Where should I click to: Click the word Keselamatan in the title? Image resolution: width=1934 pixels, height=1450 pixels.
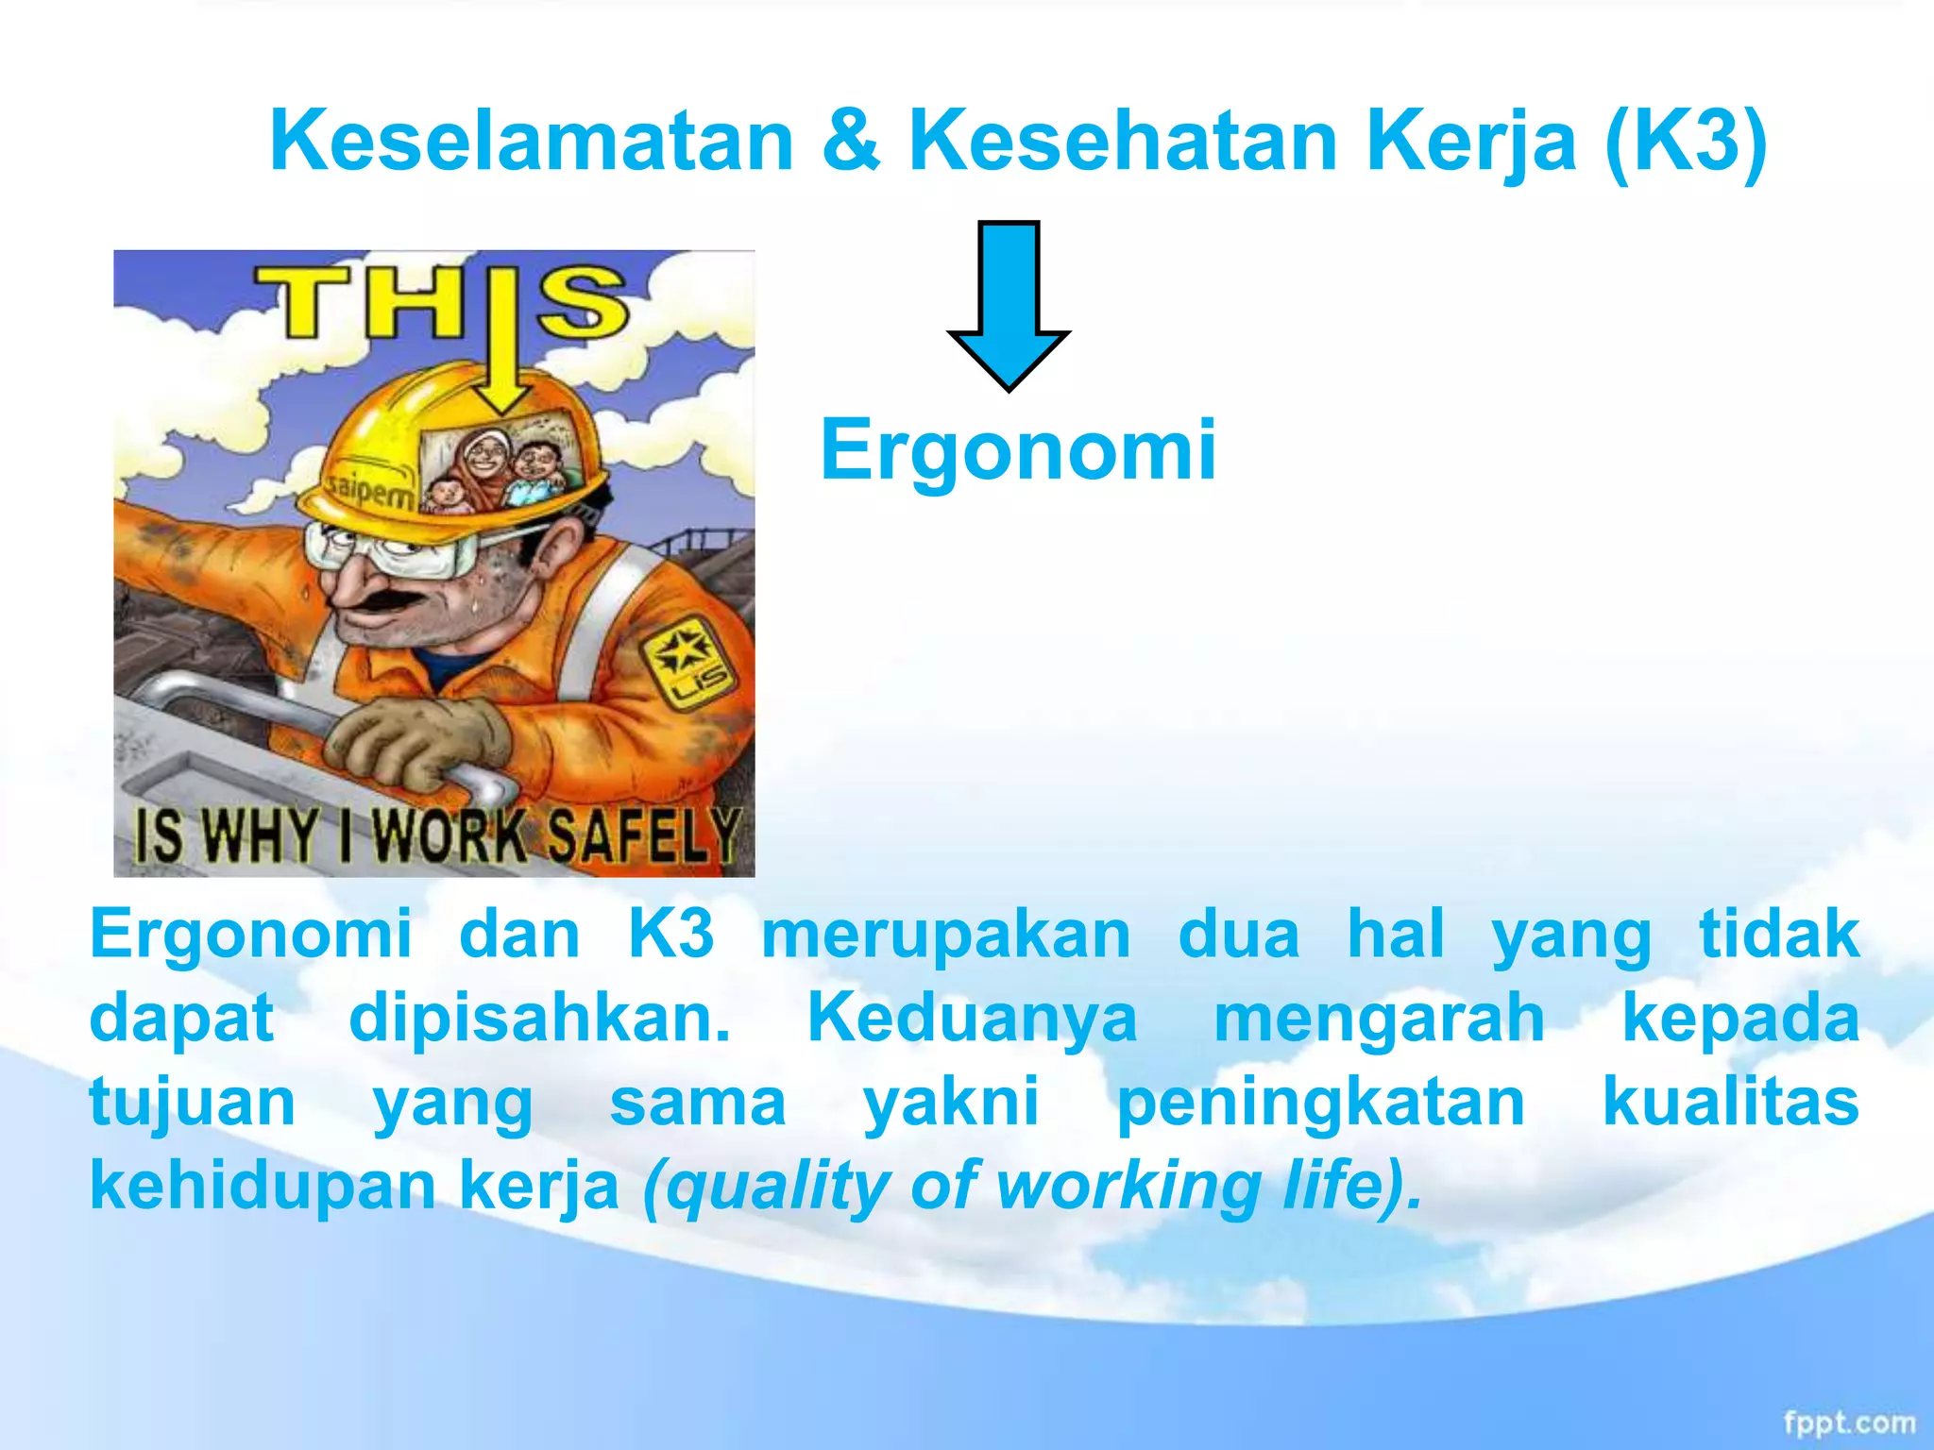pyautogui.click(x=531, y=142)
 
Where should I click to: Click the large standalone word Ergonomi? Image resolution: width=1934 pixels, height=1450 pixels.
pyautogui.click(x=1018, y=450)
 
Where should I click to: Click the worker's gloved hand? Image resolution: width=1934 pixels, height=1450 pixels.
pyautogui.click(x=416, y=741)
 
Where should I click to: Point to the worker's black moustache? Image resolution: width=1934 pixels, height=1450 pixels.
pyautogui.click(x=382, y=603)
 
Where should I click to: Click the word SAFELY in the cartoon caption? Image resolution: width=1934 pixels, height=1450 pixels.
pyautogui.click(x=645, y=835)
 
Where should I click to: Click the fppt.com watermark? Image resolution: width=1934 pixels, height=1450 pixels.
pyautogui.click(x=1849, y=1423)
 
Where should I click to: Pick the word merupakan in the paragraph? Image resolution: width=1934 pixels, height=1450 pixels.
pyautogui.click(x=945, y=935)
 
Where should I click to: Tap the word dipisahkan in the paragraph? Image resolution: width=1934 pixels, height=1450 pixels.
pyautogui.click(x=539, y=1019)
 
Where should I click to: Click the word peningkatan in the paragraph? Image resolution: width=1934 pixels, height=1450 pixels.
pyautogui.click(x=1320, y=1102)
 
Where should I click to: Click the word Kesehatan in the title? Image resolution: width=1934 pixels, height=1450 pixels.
pyautogui.click(x=1124, y=142)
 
